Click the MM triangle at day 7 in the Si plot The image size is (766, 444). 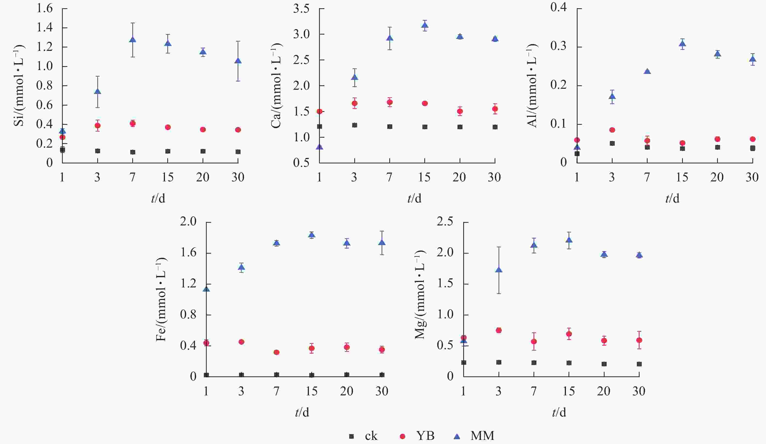click(133, 39)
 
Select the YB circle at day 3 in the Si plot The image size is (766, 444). click(98, 125)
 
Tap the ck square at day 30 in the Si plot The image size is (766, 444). click(238, 152)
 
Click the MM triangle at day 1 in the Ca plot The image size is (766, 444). click(320, 147)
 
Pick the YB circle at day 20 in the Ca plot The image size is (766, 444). click(460, 111)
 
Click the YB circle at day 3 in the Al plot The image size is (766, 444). click(612, 130)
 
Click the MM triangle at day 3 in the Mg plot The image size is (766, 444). click(499, 270)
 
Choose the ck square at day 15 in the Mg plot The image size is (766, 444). click(569, 363)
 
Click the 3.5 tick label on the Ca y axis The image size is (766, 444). click(301, 9)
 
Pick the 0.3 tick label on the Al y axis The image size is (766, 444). click(559, 46)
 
